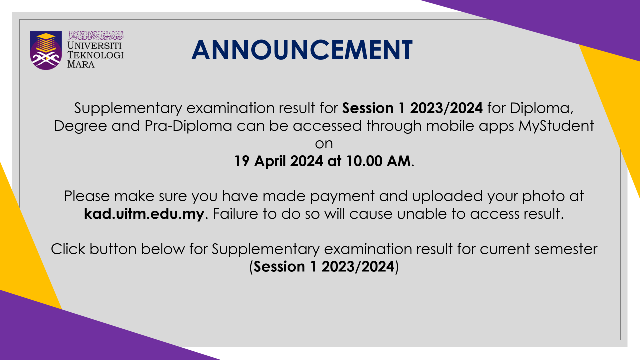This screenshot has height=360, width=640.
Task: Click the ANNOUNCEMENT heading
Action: [x=302, y=50]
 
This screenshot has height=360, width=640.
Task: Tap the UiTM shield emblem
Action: [x=46, y=50]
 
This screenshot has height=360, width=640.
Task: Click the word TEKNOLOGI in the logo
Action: [x=95, y=55]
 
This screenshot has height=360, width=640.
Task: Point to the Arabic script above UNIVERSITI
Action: [x=96, y=35]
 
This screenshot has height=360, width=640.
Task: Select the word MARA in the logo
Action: [x=81, y=64]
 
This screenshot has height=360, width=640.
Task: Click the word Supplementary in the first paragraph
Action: [x=128, y=109]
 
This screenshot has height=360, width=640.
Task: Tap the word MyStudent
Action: [x=556, y=126]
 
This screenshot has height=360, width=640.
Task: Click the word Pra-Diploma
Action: [x=188, y=126]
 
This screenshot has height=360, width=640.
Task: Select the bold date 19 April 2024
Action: [x=278, y=161]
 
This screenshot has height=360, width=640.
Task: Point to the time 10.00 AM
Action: [x=379, y=161]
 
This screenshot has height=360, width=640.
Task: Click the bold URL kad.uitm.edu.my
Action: [x=144, y=214]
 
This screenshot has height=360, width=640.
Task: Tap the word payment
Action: [x=342, y=197]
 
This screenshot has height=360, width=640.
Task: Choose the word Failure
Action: [x=235, y=214]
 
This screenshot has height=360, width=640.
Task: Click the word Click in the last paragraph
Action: [x=68, y=249]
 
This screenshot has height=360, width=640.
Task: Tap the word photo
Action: [x=543, y=197]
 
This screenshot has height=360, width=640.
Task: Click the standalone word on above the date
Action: [x=324, y=144]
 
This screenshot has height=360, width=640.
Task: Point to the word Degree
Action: [x=80, y=126]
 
